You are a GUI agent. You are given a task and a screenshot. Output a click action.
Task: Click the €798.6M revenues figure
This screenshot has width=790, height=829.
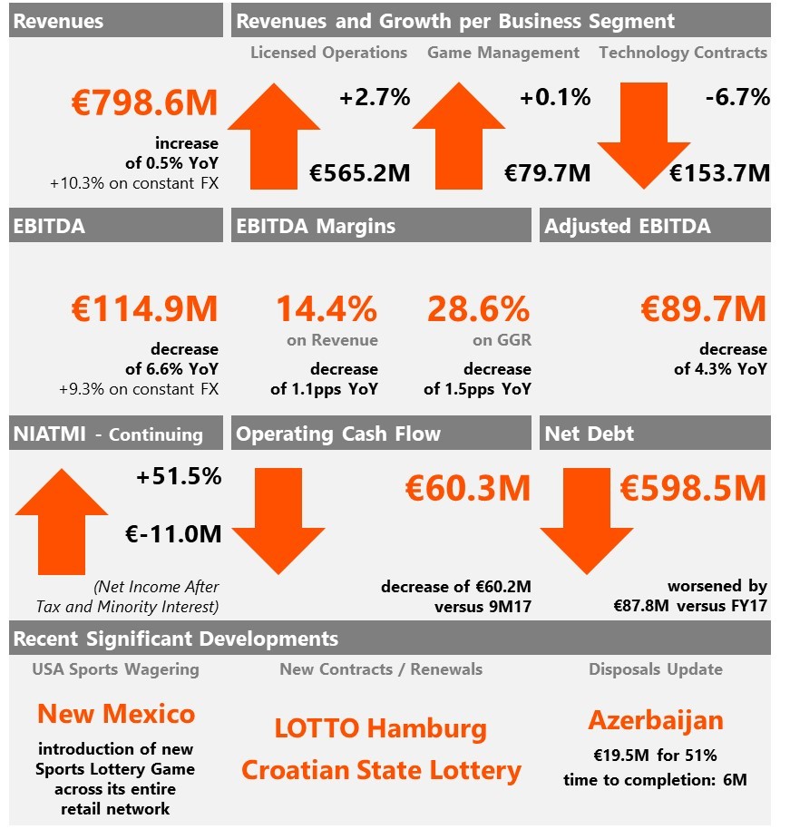[144, 102]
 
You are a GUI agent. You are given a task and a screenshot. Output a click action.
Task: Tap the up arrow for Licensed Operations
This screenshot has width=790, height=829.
[274, 136]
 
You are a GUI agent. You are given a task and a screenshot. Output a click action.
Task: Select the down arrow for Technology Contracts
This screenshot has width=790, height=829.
[644, 136]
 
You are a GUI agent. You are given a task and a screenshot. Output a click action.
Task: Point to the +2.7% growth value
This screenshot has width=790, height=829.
[375, 97]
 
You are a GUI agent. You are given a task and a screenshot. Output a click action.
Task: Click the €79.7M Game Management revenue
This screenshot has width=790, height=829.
[547, 173]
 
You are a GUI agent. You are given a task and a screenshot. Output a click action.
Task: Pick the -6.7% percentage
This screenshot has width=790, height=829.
[737, 97]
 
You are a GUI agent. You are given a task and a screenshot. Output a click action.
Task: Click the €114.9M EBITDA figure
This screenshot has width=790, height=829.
[144, 308]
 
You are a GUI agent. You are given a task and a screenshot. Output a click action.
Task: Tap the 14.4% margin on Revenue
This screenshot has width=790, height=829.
[327, 308]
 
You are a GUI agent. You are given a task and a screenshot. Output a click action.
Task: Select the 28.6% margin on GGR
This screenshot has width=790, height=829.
[479, 308]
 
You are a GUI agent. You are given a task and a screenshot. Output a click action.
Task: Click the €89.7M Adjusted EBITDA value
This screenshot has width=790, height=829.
[703, 308]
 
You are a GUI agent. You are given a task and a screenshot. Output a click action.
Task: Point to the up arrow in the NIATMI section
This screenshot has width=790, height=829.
[62, 522]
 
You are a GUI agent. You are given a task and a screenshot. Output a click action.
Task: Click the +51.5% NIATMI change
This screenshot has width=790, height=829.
[179, 476]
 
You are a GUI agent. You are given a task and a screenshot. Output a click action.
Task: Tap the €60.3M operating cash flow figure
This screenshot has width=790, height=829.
[467, 488]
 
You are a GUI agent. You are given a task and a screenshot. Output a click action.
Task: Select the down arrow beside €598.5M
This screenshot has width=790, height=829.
[587, 522]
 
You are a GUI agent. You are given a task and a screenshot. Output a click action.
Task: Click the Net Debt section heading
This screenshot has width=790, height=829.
[589, 434]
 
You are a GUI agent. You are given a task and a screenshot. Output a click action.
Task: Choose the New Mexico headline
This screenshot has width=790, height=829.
[116, 714]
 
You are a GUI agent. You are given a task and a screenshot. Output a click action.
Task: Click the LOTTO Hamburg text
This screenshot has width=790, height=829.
[381, 728]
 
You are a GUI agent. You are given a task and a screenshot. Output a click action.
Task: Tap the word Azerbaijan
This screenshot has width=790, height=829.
[656, 721]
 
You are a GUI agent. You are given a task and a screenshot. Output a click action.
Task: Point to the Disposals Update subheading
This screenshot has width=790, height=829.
[656, 669]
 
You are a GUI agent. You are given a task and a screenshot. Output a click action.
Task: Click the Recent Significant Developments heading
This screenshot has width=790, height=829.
[176, 639]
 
